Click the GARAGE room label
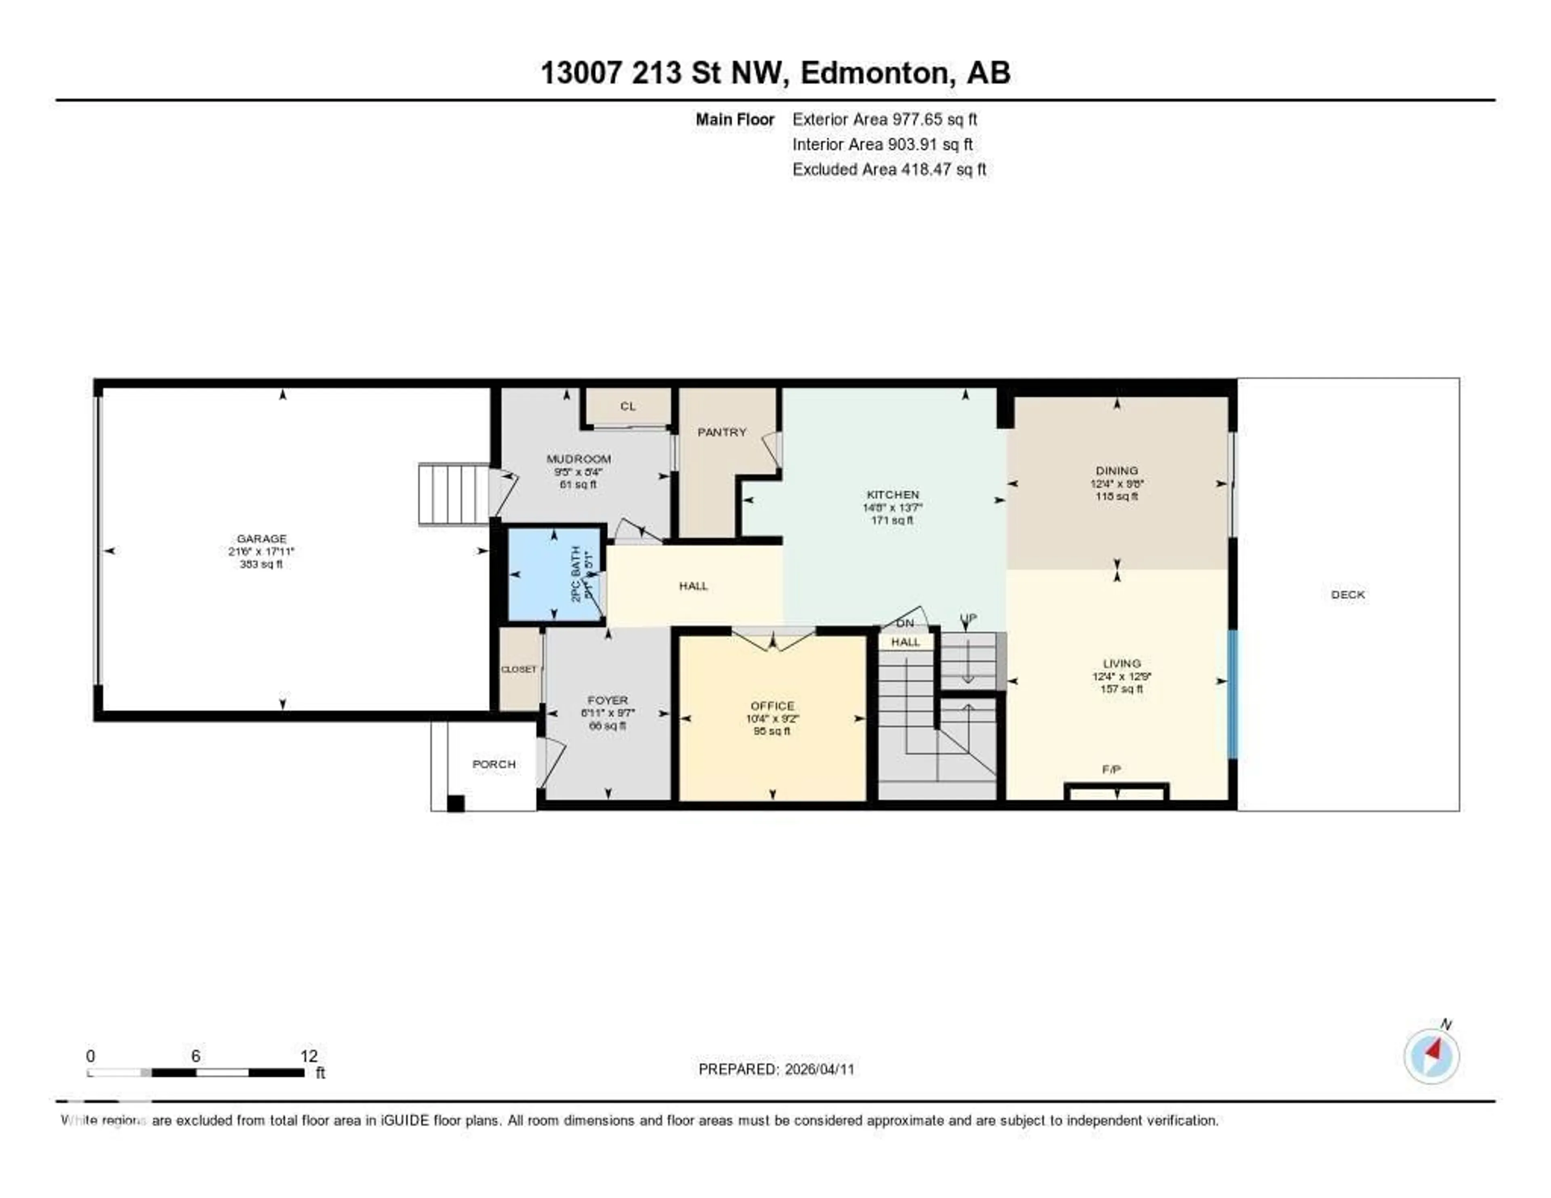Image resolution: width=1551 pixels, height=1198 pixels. click(x=261, y=539)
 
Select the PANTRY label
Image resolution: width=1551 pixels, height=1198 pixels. click(x=721, y=432)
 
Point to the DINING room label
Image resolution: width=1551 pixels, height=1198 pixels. click(x=1116, y=470)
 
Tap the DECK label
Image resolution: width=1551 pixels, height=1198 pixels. click(x=1347, y=595)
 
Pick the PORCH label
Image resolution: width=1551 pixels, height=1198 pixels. click(x=494, y=764)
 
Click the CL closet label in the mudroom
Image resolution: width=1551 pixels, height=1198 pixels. click(x=628, y=406)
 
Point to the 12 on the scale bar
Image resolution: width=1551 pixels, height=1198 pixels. click(x=308, y=1056)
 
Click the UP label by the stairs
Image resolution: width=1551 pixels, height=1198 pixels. click(x=968, y=618)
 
